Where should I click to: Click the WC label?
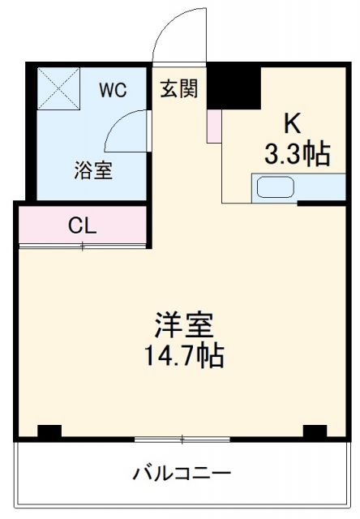click(x=113, y=90)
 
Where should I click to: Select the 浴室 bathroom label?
click(x=93, y=171)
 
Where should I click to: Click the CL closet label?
click(x=82, y=225)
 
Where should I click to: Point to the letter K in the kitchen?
click(x=292, y=123)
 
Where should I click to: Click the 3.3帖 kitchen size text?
click(x=298, y=153)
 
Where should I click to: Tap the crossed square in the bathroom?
click(x=58, y=88)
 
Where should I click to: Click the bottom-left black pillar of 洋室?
click(x=49, y=431)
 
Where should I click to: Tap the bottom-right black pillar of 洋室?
click(x=315, y=431)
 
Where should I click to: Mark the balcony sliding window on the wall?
click(x=182, y=440)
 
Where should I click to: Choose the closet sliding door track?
click(x=82, y=246)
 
